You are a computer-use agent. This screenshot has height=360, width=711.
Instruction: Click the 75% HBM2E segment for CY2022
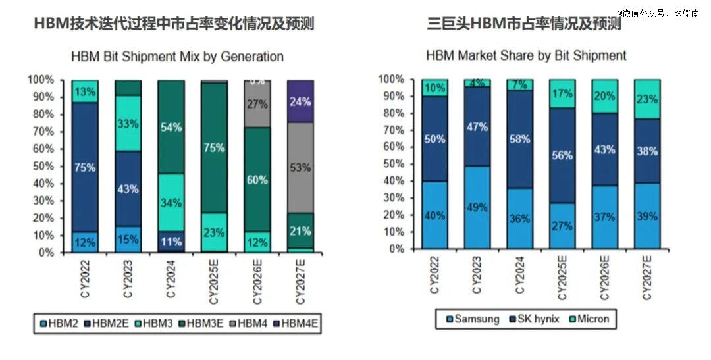click(x=85, y=167)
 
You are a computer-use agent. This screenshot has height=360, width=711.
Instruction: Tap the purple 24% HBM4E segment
click(x=300, y=101)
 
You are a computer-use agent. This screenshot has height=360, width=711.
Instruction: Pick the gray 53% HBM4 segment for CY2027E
click(x=300, y=167)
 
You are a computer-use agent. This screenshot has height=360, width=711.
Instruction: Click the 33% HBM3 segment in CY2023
click(x=128, y=123)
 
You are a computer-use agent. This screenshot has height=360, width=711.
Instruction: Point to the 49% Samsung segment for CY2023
click(x=477, y=207)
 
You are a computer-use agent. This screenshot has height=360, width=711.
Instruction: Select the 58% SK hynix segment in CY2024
click(x=519, y=140)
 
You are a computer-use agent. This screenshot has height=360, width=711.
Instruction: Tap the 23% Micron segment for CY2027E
click(x=647, y=99)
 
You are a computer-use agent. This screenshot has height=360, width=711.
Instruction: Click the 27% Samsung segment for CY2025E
click(x=562, y=225)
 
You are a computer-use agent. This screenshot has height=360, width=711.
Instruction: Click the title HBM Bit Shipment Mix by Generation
click(x=177, y=57)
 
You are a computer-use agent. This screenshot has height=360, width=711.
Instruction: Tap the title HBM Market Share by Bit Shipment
click(x=526, y=55)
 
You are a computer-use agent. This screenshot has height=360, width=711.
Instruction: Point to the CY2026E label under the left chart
click(x=257, y=281)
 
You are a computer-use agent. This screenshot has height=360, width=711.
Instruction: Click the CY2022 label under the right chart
click(x=435, y=277)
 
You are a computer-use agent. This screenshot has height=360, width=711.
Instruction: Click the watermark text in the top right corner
click(x=658, y=13)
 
